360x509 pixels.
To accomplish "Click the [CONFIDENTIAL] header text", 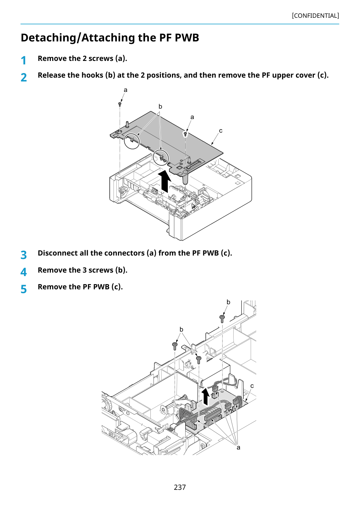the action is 315,16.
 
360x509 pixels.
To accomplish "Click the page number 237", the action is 180,487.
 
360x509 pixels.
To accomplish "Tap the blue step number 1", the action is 24,61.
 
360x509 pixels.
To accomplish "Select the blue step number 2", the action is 24,77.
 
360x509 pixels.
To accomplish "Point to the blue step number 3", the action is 24,255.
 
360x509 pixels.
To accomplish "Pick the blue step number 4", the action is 24,272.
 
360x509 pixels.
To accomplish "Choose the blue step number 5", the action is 24,289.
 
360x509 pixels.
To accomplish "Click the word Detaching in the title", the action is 49,38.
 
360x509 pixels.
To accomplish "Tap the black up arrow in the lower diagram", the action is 206,397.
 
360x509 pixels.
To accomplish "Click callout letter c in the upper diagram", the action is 220,131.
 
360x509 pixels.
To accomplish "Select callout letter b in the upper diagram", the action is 160,106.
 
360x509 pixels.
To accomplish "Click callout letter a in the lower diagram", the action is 238,448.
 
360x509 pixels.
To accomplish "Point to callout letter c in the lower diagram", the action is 252,386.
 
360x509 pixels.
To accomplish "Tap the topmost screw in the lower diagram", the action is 222,319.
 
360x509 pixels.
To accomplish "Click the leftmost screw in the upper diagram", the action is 120,104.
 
